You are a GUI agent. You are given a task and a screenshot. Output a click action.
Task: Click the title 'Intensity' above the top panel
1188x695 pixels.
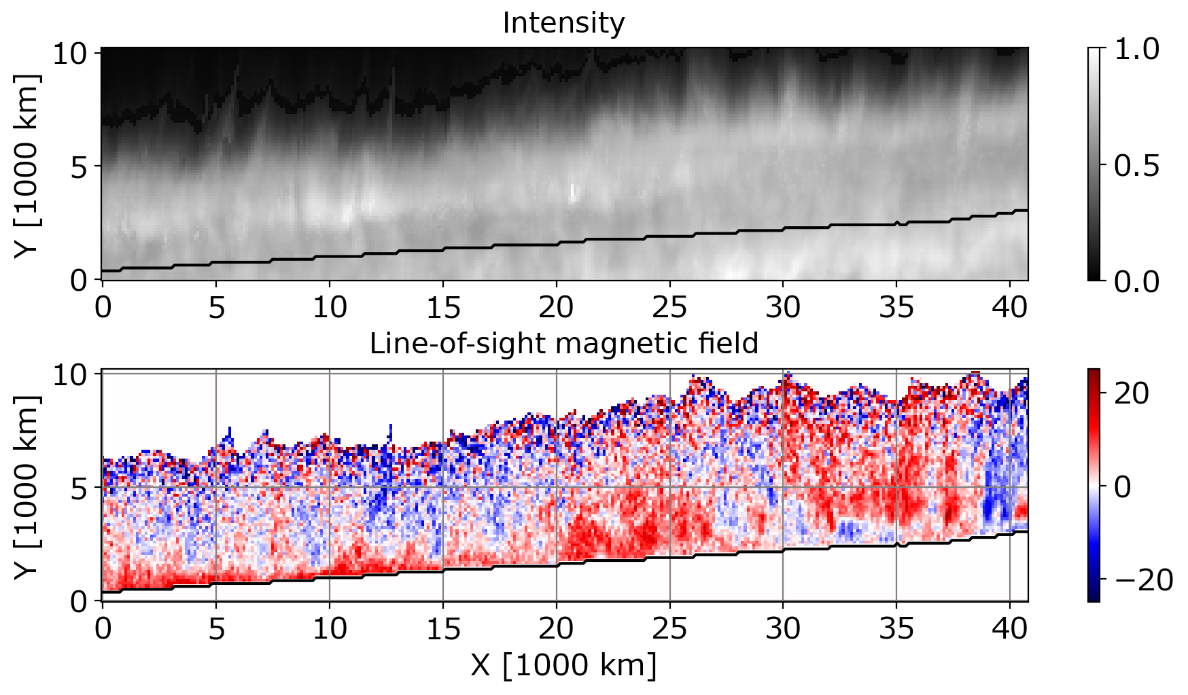(563, 24)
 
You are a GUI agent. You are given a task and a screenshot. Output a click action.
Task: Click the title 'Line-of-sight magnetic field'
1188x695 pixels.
(564, 344)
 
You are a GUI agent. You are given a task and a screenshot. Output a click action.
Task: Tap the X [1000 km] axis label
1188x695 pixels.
(564, 665)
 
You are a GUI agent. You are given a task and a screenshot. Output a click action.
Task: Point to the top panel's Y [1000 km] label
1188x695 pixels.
(27, 164)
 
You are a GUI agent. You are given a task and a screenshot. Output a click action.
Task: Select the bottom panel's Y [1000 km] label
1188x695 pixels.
(27, 486)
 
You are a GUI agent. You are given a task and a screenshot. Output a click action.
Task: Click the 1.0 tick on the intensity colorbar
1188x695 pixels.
(1136, 49)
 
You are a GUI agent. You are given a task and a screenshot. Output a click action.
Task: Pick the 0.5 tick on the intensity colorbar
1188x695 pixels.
(1136, 165)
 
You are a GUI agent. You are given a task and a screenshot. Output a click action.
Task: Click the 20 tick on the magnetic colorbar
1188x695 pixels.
(1132, 393)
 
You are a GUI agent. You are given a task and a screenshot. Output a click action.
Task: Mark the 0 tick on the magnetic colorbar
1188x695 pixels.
(1123, 486)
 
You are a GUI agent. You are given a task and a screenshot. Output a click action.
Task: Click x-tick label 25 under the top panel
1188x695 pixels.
(670, 308)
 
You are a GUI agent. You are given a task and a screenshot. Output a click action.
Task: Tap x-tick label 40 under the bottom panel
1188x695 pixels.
(1010, 629)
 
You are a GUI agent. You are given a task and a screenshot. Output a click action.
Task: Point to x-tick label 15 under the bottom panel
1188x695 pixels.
(443, 629)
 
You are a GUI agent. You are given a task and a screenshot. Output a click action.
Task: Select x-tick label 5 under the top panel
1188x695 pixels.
(216, 308)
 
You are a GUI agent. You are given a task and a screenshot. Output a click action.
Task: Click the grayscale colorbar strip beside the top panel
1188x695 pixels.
(1094, 164)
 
